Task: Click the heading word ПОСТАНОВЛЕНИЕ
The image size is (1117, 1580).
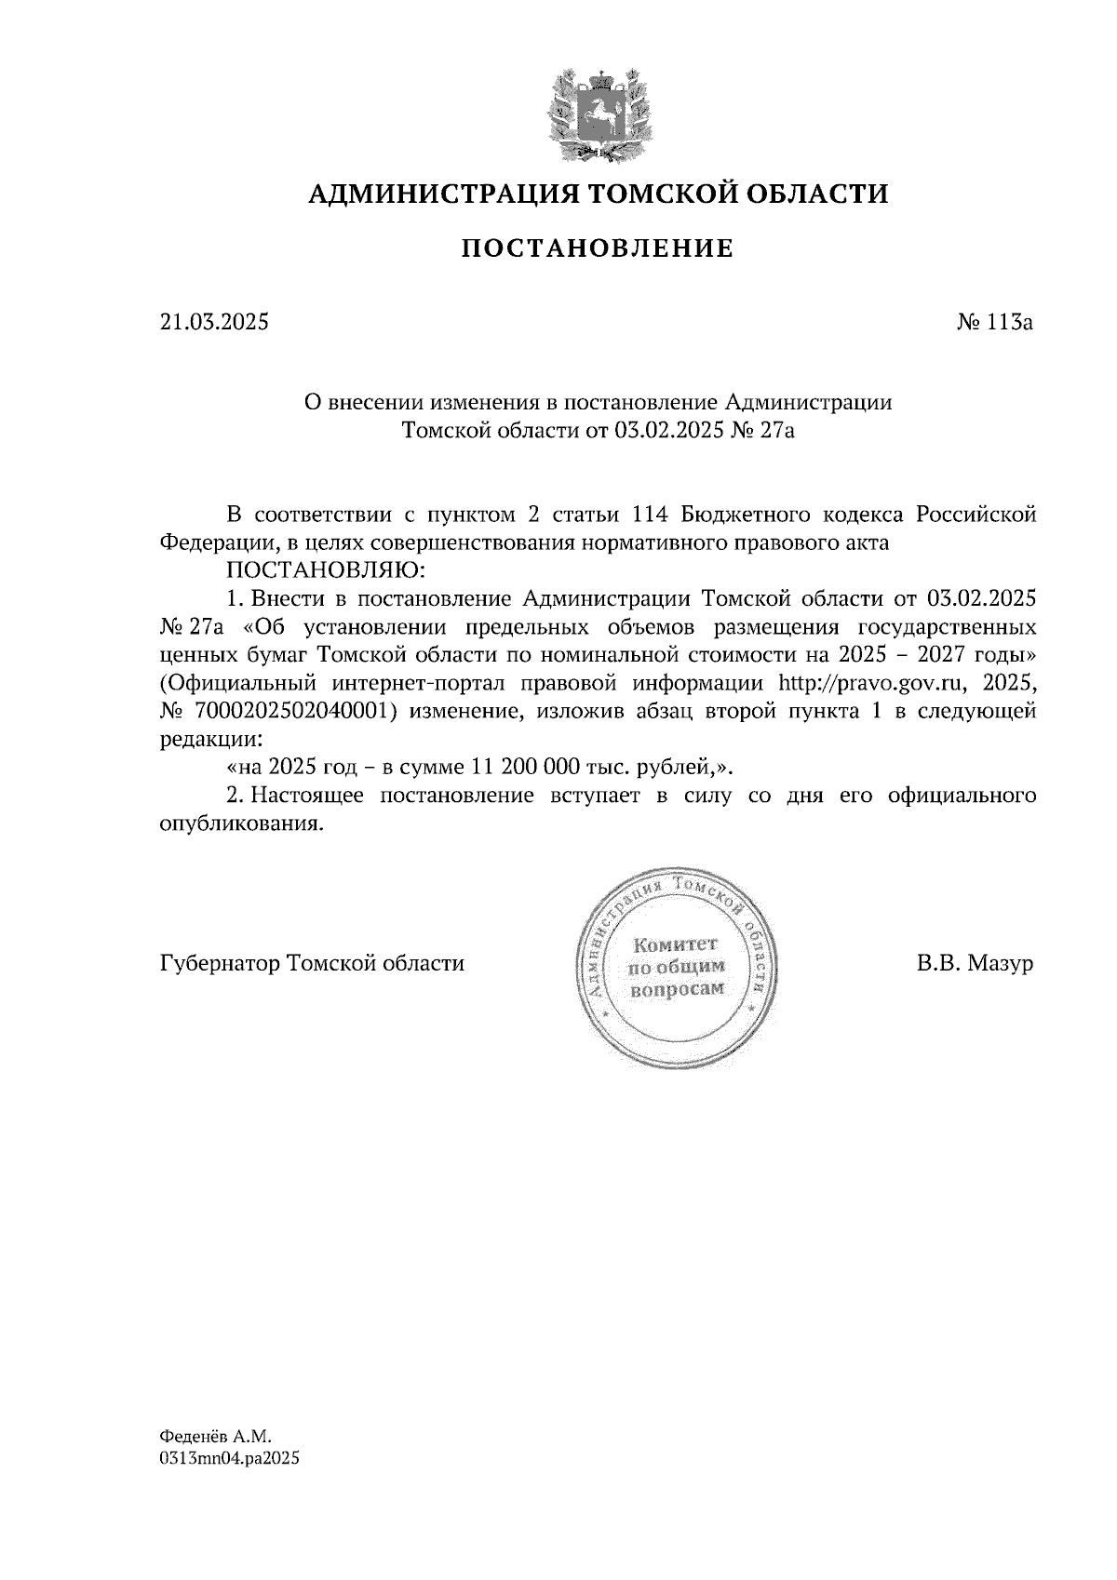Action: pos(598,248)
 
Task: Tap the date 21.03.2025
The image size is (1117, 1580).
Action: pos(214,323)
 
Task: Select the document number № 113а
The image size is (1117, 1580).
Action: pos(995,323)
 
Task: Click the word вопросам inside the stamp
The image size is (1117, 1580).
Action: pos(677,989)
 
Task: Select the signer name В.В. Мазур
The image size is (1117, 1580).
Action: pos(974,963)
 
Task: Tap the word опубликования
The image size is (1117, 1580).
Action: pos(241,824)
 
